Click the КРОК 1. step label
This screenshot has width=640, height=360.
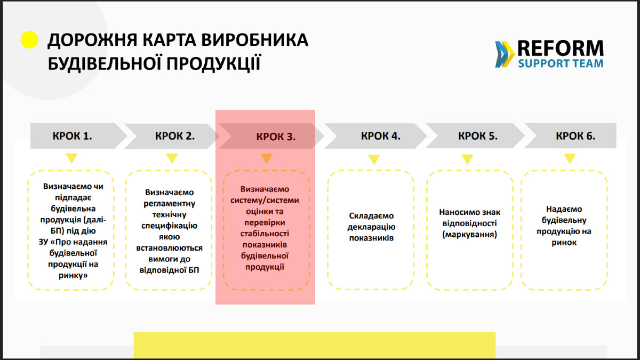(x=73, y=135)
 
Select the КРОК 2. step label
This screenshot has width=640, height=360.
(x=175, y=135)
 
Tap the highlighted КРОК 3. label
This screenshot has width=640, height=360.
(x=276, y=137)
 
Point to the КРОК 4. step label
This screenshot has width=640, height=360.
(x=380, y=135)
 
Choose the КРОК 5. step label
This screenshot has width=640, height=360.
(x=478, y=135)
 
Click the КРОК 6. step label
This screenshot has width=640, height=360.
(x=575, y=135)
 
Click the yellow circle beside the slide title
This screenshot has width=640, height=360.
(x=29, y=40)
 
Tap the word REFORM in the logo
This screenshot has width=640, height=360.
(x=560, y=49)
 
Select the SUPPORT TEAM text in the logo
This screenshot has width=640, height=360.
(x=561, y=63)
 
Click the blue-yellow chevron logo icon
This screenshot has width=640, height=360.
(x=505, y=54)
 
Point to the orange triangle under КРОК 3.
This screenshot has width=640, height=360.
(x=267, y=158)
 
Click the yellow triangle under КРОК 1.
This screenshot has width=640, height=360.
(x=71, y=158)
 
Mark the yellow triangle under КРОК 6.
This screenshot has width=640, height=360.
(x=570, y=158)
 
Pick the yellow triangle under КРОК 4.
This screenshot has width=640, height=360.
(x=374, y=159)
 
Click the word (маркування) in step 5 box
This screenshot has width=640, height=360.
(x=470, y=234)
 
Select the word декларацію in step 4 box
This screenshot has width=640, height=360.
(x=371, y=227)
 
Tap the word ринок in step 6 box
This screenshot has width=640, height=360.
(x=564, y=242)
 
